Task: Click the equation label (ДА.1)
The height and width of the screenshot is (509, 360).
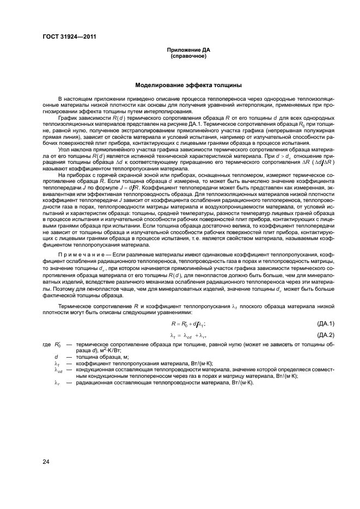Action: pyautogui.click(x=325, y=323)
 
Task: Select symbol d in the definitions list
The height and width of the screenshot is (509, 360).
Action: pyautogui.click(x=57, y=357)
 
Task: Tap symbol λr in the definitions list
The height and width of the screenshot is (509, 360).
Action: pyautogui.click(x=57, y=382)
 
